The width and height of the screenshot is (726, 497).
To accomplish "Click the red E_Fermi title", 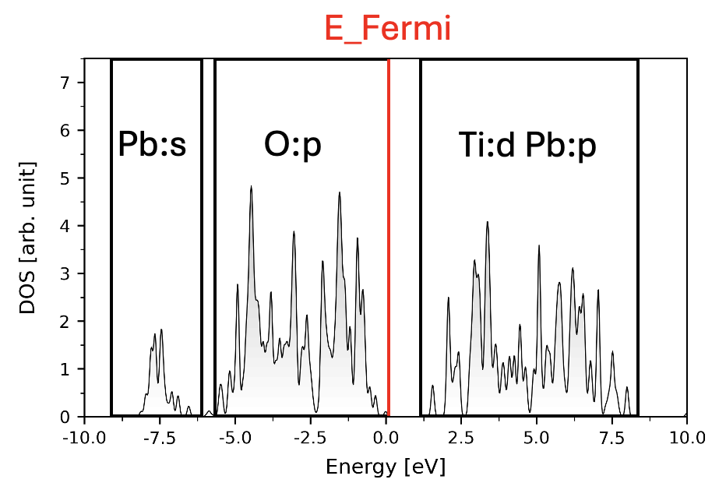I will pos(387,29).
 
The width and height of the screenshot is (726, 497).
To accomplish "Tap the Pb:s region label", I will pos(152,145).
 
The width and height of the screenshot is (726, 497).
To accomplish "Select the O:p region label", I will pos(292,145).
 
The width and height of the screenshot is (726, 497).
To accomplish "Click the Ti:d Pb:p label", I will pos(527,145).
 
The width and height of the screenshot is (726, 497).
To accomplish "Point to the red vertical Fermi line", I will pos(388,234).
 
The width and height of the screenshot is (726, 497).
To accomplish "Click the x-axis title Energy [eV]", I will pos(386,467).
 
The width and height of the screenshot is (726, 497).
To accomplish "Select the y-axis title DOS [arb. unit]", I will pos(28,238).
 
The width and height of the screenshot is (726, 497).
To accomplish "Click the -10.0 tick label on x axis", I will pos(83,438).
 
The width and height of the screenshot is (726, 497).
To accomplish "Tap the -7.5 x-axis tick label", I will pos(159,438).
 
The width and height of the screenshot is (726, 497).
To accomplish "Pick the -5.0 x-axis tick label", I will pos(234,438).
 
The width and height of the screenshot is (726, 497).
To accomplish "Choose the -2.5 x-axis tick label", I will pos(310,438).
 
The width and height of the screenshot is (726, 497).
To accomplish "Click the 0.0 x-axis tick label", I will pos(386,438).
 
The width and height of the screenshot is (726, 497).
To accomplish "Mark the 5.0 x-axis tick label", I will pos(537,438).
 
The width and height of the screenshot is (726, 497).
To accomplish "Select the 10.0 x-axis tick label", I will pos(687,438).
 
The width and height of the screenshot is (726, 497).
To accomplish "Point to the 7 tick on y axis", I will pos(65,82).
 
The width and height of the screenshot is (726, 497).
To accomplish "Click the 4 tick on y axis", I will pos(65,225).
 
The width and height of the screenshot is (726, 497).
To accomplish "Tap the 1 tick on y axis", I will pos(65,368).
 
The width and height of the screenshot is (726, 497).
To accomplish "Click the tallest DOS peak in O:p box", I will pos(251,187).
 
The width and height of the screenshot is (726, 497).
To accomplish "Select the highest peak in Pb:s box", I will pos(161,330).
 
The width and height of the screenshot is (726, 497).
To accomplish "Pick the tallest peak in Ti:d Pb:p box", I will pos(487,223).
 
